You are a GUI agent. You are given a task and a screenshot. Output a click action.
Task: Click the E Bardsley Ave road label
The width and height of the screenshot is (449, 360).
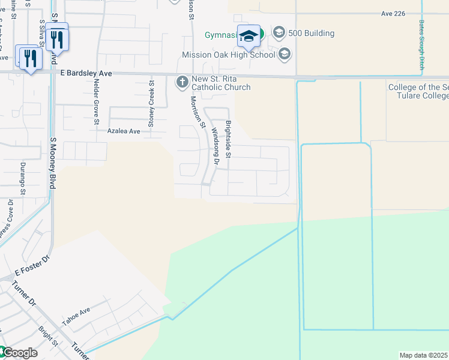coord(86,73)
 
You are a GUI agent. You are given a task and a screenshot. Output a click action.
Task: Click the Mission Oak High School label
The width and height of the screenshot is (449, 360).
coord(228,55)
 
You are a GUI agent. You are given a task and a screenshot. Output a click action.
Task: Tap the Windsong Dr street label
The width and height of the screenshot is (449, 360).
coord(214,148)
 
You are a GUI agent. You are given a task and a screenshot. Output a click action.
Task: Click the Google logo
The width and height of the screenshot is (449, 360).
coord(19,353)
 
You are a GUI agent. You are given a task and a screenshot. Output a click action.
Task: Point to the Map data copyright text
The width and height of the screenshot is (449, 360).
coord(424,355)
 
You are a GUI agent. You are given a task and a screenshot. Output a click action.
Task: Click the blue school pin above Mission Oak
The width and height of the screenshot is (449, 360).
coord(249,37)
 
